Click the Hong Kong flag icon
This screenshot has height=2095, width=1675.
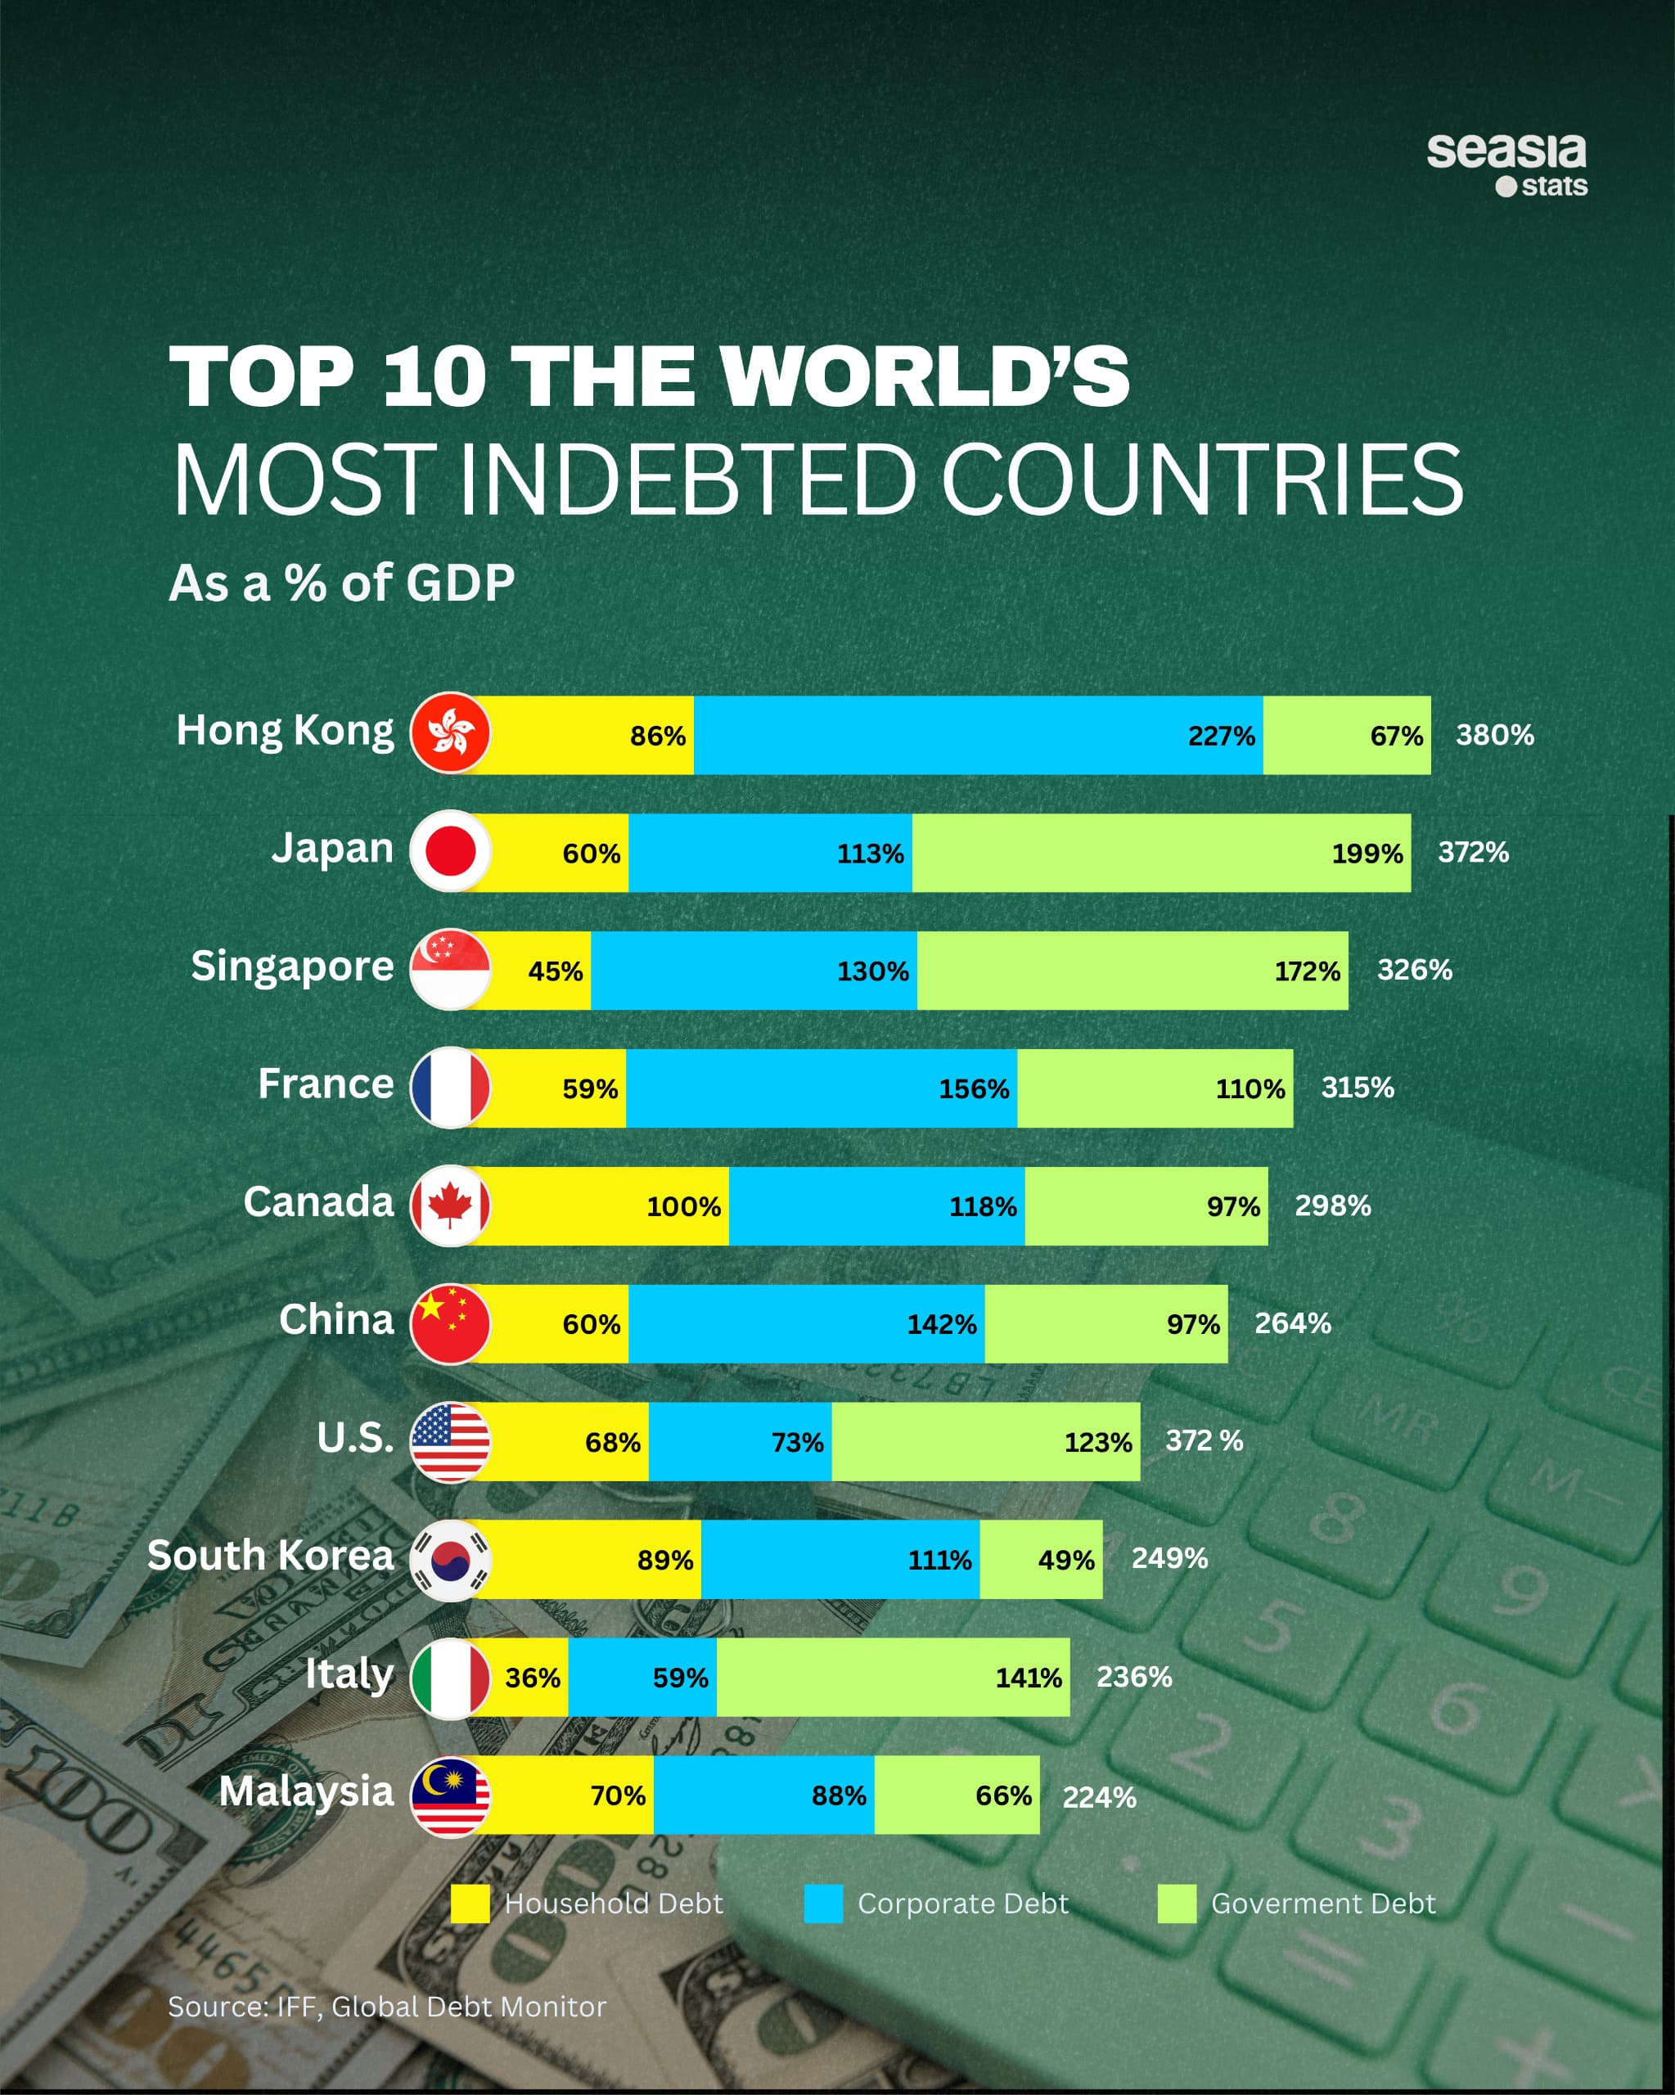pos(450,733)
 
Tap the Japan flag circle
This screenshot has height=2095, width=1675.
pos(450,851)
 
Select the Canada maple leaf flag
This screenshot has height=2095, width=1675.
pos(450,1206)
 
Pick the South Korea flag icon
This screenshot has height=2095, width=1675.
pos(450,1560)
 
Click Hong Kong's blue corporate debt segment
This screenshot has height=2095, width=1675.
pos(977,736)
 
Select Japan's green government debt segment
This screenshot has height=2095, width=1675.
pos(1161,854)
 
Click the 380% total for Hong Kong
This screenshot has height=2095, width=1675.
pos(1494,736)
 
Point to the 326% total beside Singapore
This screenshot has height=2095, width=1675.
pos(1415,970)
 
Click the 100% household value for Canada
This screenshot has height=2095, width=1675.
pos(684,1207)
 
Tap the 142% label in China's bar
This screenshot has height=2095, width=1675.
pos(942,1324)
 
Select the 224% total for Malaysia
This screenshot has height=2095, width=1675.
pos(1099,1798)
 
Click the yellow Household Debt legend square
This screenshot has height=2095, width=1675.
pos(471,1904)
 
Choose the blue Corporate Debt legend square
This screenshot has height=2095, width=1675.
pos(823,1904)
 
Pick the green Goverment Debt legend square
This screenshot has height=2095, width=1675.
pos(1177,1904)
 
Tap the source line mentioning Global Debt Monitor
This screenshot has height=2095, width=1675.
pos(387,2007)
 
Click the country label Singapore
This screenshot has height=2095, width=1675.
pos(292,966)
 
